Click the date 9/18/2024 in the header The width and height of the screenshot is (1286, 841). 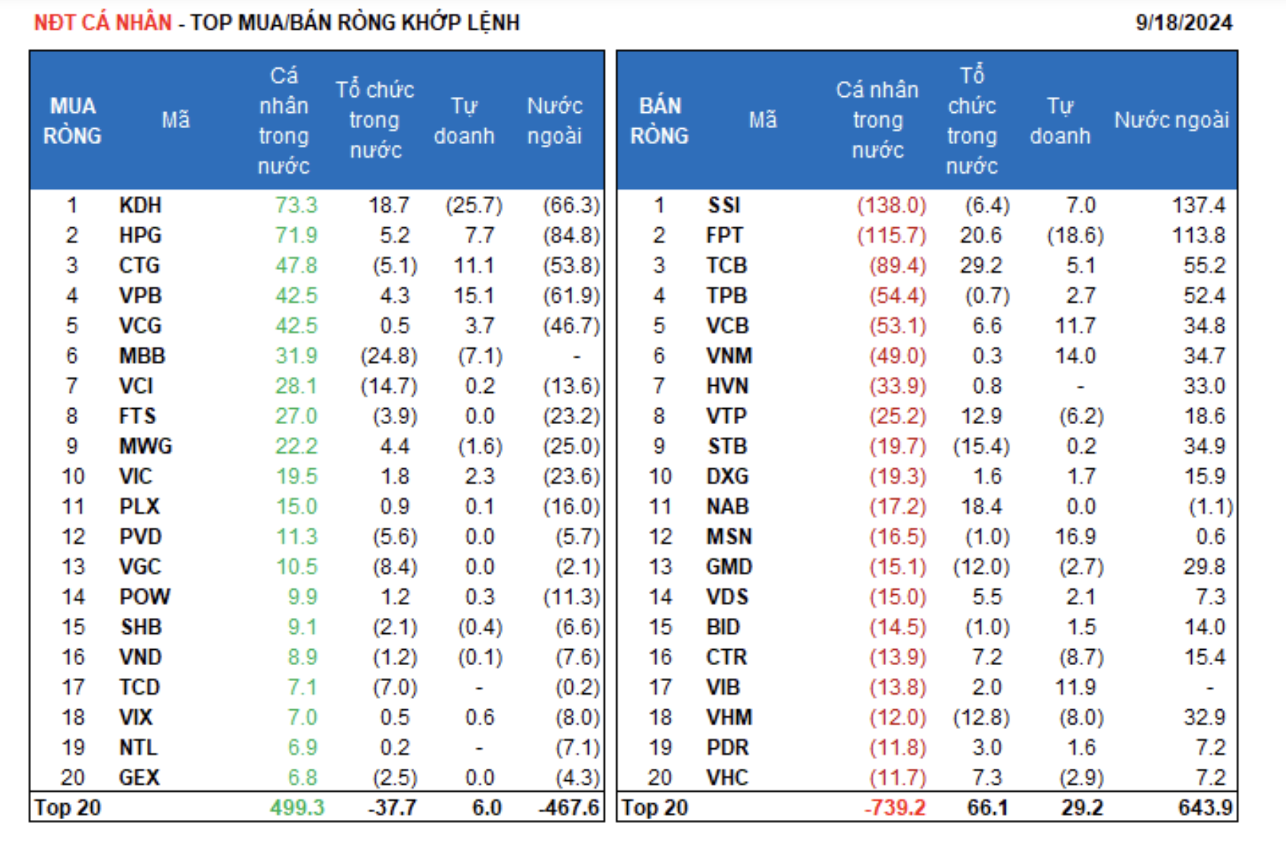[1183, 22]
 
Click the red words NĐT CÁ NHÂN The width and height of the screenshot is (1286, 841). [103, 22]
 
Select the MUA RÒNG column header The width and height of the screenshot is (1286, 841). [72, 120]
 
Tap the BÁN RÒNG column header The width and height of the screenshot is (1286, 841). [659, 120]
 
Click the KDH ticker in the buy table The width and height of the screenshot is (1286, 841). [140, 206]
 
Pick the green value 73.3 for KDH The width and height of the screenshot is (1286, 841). [296, 206]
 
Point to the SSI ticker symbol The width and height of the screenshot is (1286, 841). [724, 206]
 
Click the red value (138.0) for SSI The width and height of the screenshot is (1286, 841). [891, 206]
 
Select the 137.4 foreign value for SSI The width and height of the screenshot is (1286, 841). [1198, 206]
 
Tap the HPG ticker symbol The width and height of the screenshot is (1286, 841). [140, 235]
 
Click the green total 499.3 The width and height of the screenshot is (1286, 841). [297, 808]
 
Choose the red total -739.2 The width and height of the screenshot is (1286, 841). [894, 808]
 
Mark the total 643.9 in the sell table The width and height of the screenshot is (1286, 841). [1205, 808]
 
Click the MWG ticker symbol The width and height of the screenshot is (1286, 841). [146, 447]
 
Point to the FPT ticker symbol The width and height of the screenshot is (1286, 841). [724, 235]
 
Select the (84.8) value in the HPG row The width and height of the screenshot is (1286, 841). [571, 235]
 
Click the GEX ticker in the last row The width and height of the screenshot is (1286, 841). [139, 778]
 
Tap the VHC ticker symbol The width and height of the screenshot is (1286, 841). [727, 778]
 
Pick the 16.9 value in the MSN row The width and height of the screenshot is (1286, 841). [1075, 537]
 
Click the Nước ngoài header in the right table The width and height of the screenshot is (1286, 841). [1172, 120]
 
